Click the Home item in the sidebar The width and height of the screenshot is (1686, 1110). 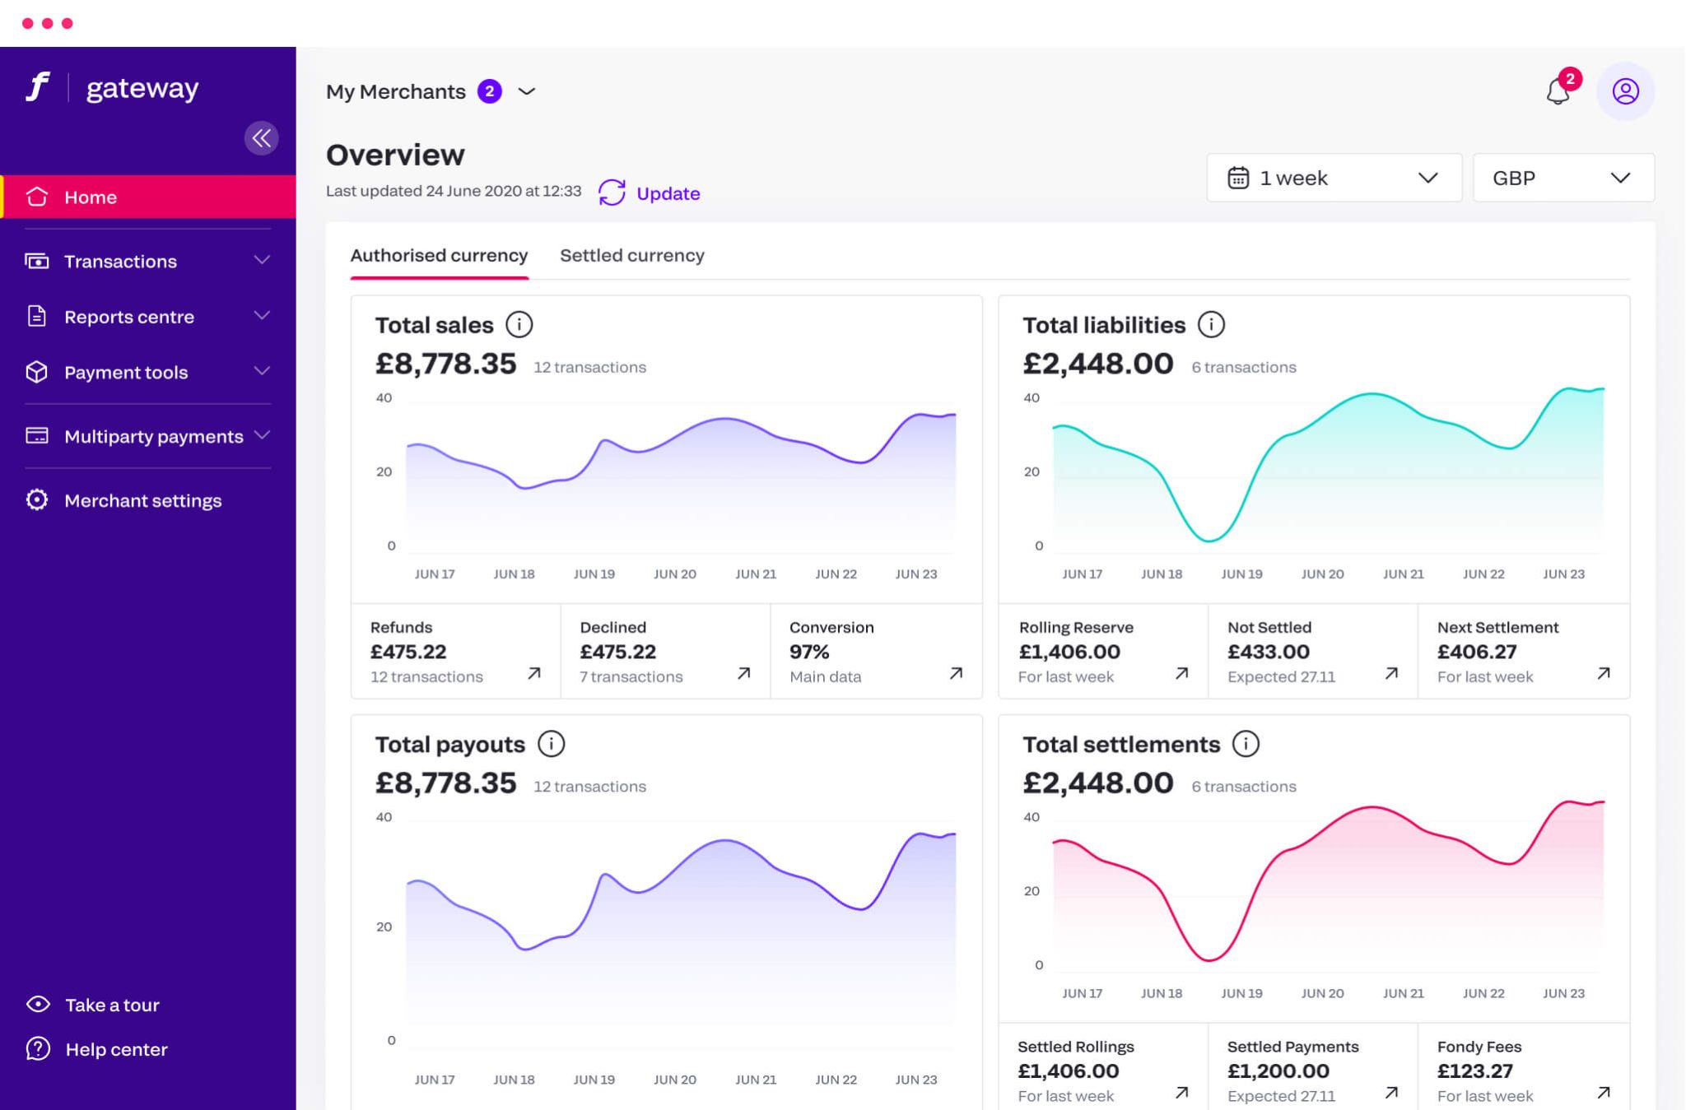point(91,197)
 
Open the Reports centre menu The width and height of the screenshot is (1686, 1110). point(129,317)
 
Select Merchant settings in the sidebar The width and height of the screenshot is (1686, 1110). point(142,500)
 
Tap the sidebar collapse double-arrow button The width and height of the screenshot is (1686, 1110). point(261,138)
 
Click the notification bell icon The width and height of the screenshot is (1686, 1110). point(1558,91)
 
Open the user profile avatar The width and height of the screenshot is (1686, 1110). point(1625,91)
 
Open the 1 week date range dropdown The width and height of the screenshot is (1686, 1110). point(1334,178)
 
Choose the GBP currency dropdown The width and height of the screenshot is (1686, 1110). point(1563,178)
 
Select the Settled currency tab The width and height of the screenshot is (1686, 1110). point(631,256)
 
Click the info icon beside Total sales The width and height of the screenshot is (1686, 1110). point(519,325)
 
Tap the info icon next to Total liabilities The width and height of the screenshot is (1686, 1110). point(1211,325)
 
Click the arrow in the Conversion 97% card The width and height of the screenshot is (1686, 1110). point(956,673)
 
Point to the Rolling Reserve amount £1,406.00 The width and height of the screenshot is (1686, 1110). point(1069,652)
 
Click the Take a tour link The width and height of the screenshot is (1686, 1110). point(112,1005)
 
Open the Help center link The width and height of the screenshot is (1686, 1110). point(116,1049)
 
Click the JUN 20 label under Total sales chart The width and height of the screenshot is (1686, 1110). point(674,574)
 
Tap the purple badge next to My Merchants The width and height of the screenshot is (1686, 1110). point(490,91)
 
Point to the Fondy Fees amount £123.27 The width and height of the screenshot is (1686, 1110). point(1474,1071)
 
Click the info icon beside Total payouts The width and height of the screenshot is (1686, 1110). point(551,744)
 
